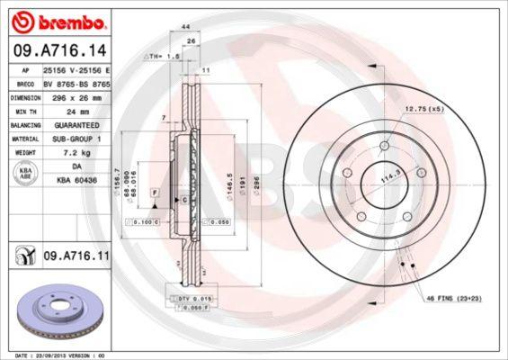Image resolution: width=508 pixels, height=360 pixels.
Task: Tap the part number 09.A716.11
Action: pyautogui.click(x=76, y=256)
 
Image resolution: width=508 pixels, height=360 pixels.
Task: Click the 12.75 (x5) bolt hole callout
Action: pyautogui.click(x=423, y=109)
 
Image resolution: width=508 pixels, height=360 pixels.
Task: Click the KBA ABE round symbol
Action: pyautogui.click(x=26, y=175)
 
